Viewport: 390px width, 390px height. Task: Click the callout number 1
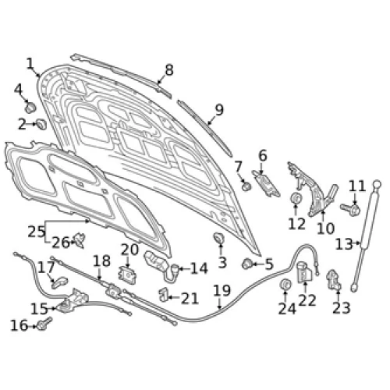30,64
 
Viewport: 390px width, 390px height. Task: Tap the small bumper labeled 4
30,107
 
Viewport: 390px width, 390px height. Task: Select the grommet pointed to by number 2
41,124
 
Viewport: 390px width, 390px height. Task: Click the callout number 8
169,70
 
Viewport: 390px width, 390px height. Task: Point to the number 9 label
219,110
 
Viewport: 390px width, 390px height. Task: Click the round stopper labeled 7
246,186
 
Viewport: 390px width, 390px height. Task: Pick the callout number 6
263,155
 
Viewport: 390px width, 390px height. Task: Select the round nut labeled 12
296,198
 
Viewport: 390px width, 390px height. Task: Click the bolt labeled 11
351,209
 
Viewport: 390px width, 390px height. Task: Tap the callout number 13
344,244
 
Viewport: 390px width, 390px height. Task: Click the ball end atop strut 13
377,184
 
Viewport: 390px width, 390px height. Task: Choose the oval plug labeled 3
219,238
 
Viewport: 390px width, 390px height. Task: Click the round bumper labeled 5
247,264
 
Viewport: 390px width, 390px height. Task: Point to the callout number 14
199,268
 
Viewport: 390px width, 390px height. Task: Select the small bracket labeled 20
127,275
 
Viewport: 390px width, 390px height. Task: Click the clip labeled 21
163,295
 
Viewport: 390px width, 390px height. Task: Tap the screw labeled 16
44,324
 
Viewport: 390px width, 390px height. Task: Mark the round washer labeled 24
285,285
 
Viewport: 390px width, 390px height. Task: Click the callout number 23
342,308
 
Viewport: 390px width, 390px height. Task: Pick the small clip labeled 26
80,240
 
